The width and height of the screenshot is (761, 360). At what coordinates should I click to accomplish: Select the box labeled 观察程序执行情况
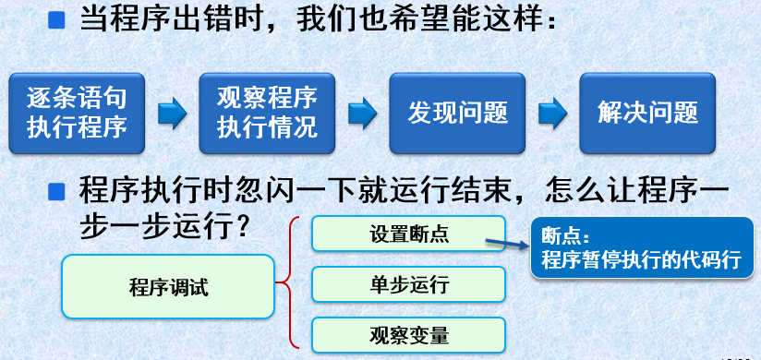tap(267, 113)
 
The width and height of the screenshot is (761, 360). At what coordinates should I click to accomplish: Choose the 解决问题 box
tap(647, 113)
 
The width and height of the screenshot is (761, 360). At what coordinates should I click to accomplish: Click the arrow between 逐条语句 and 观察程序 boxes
tap(172, 114)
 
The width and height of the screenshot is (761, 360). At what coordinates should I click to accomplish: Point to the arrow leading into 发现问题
tap(362, 114)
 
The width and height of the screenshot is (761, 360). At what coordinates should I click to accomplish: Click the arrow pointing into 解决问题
tap(552, 114)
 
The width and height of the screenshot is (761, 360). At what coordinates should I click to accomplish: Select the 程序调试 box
tap(169, 286)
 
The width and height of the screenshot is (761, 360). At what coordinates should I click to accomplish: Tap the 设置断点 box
tap(408, 234)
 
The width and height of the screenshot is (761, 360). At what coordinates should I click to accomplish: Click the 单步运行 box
tap(408, 284)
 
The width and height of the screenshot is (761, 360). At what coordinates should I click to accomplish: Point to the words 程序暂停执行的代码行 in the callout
tap(641, 259)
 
